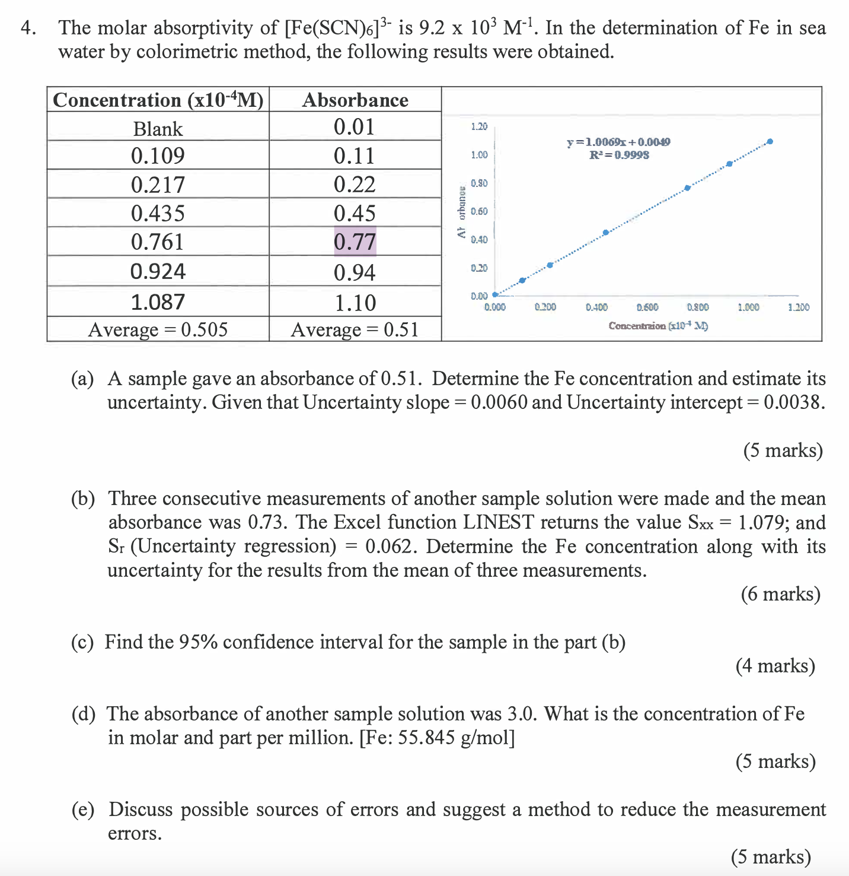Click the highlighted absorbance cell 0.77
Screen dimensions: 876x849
point(355,242)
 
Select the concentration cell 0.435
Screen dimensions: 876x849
point(158,213)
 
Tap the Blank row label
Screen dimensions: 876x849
point(158,129)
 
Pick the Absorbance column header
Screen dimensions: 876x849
point(355,100)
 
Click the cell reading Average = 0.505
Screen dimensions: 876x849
point(158,329)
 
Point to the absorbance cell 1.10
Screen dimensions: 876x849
point(355,303)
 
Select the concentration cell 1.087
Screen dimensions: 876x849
point(158,302)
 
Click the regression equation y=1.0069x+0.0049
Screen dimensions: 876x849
point(618,142)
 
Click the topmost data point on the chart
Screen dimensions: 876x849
point(770,141)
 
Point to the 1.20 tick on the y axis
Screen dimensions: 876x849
point(479,126)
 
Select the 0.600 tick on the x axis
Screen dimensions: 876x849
point(647,307)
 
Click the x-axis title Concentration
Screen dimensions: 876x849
point(658,326)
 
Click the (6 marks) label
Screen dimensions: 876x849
point(780,594)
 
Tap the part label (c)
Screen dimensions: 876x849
point(82,642)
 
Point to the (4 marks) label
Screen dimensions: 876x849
point(775,666)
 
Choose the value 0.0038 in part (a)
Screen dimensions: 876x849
point(793,402)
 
